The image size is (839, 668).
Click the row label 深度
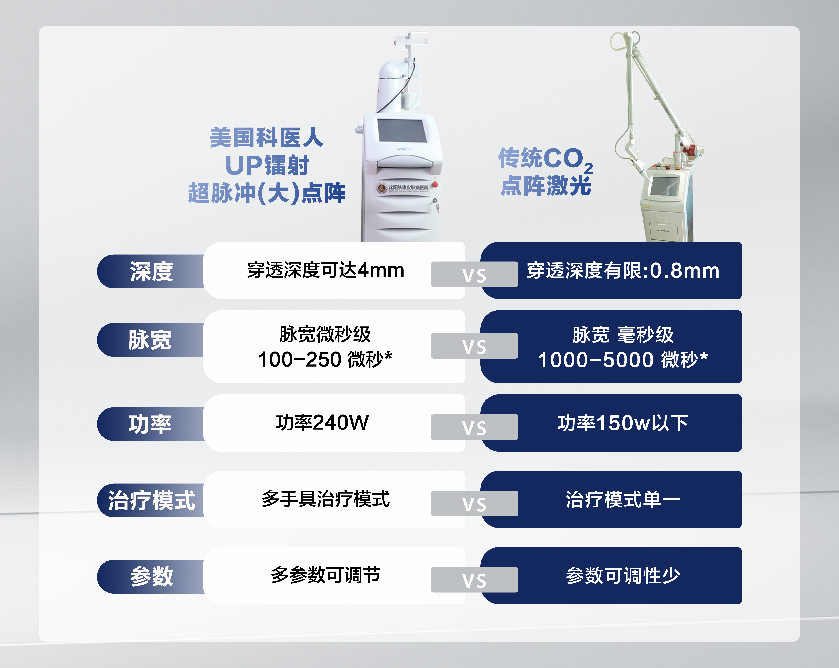click(x=151, y=271)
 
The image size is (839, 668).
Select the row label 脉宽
click(x=150, y=340)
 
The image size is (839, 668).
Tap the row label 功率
click(x=150, y=424)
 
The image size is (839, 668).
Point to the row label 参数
click(x=151, y=576)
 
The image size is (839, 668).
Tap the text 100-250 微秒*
click(x=325, y=359)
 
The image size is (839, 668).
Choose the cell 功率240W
click(x=322, y=423)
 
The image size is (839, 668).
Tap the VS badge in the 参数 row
click(x=474, y=580)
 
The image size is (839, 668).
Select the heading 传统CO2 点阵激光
click(x=546, y=171)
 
